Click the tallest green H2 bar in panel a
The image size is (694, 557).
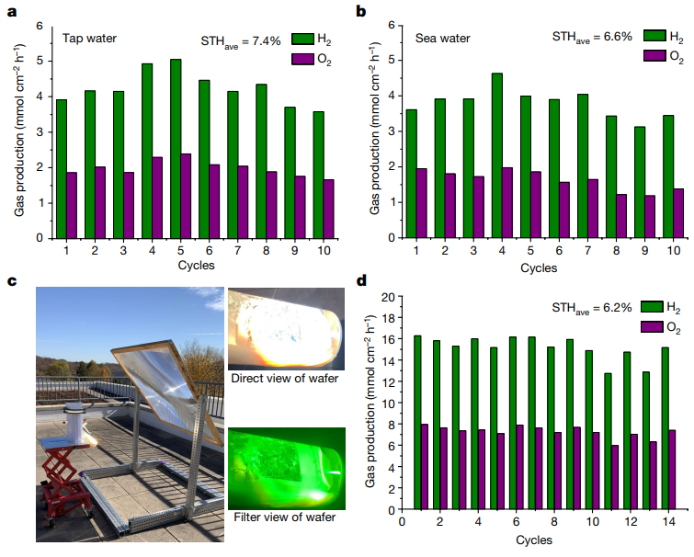[176, 148]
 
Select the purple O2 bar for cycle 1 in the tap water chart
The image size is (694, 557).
[73, 205]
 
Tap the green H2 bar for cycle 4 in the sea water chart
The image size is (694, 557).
[497, 155]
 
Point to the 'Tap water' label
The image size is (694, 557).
[89, 39]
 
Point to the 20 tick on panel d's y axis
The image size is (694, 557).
[388, 297]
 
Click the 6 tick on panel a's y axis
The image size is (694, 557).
[39, 25]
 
